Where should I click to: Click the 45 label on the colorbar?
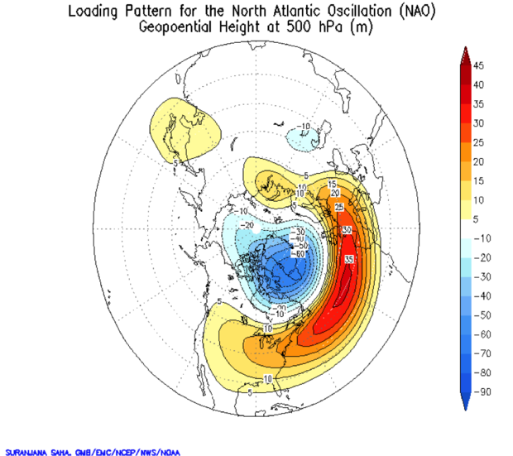479,66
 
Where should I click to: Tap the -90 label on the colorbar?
479,391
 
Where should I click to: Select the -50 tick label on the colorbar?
479,314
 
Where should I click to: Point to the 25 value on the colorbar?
479,142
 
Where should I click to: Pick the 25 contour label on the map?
338,207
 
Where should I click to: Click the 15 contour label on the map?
332,184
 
